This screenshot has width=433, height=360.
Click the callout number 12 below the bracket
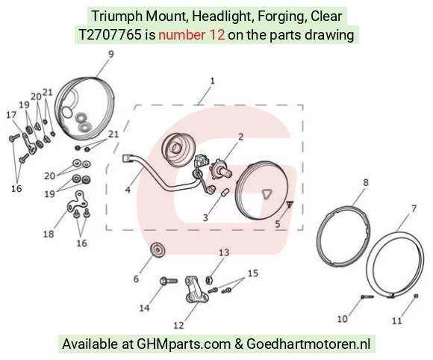click(x=178, y=325)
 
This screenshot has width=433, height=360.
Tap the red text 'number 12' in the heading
click(x=191, y=35)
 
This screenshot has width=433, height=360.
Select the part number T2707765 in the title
click(x=110, y=35)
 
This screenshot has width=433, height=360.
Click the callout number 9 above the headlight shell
click(x=110, y=54)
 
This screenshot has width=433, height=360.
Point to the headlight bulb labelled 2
click(x=221, y=169)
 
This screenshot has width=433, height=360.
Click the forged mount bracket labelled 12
click(x=196, y=290)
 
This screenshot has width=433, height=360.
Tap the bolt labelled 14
click(x=169, y=282)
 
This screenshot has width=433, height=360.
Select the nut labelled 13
click(x=209, y=280)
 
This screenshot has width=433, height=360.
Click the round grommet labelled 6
click(x=158, y=249)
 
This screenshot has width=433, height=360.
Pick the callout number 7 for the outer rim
click(x=414, y=208)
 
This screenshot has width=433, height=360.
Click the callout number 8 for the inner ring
click(x=366, y=182)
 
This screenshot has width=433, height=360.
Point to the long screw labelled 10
click(x=367, y=297)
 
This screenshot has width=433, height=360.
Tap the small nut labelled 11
click(x=416, y=296)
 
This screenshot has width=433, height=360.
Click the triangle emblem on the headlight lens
click(x=267, y=194)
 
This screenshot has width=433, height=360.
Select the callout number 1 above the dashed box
click(x=212, y=81)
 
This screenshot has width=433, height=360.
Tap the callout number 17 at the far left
click(x=11, y=114)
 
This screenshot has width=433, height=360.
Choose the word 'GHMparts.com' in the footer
click(x=184, y=344)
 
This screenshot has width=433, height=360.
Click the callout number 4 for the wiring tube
click(x=128, y=190)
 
